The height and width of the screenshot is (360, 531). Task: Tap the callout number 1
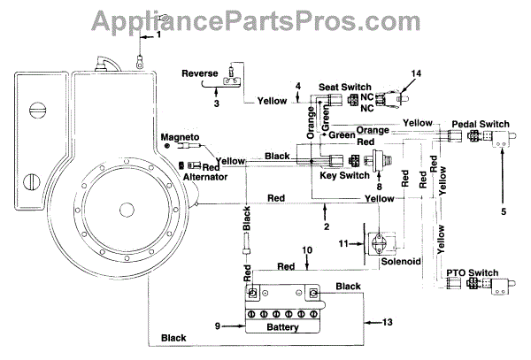pos(160,34)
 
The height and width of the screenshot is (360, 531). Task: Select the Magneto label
pos(180,137)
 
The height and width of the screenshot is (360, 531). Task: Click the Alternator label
pos(206,177)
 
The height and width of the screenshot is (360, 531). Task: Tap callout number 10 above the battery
pos(307,252)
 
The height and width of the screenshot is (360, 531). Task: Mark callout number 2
pos(327,226)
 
